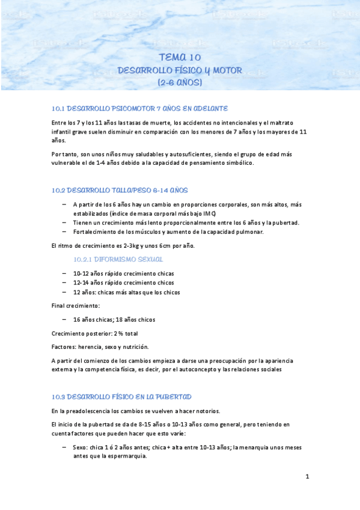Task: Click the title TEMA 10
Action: [180, 58]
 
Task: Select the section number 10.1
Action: [58, 108]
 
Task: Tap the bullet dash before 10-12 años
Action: [64, 273]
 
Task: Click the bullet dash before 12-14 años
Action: [64, 282]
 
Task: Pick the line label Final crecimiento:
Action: [76, 306]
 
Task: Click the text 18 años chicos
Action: [136, 319]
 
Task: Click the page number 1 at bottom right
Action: [307, 476]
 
